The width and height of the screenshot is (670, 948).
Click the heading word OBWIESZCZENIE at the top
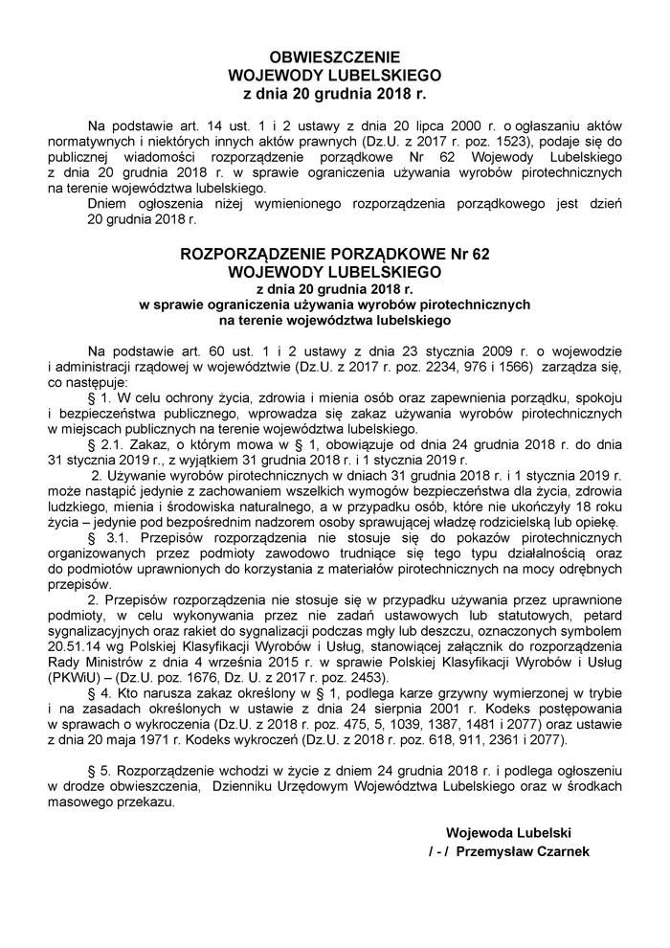(x=334, y=56)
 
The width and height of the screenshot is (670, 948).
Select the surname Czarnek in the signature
(x=566, y=851)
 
